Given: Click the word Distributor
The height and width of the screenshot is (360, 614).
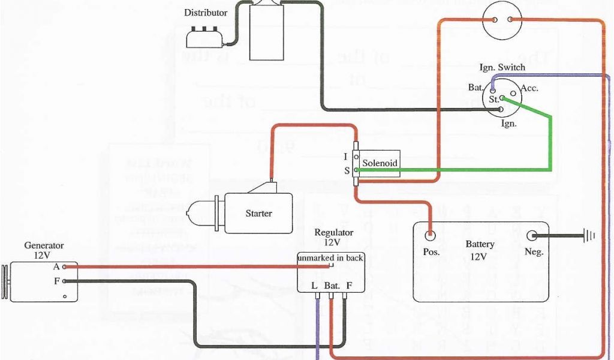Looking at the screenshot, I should point(206,13).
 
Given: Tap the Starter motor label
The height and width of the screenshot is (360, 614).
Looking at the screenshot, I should point(258,214).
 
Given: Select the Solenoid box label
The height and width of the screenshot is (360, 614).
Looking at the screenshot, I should point(380,163).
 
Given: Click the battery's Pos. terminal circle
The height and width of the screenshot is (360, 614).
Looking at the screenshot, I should point(431,235).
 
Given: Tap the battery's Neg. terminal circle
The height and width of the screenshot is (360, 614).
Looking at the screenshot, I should point(531,235).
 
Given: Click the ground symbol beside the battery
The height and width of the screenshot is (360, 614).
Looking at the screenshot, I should point(589,236).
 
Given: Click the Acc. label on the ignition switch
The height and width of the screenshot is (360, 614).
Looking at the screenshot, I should point(529,88).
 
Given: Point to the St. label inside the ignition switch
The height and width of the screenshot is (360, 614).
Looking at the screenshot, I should point(493,100).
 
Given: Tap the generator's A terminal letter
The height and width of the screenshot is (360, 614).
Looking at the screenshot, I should point(56,266).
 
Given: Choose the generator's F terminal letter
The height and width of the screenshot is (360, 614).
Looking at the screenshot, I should point(56,281).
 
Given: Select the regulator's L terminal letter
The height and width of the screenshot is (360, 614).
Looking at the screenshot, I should point(314,286).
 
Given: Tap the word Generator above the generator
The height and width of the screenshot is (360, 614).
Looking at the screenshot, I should point(44,245).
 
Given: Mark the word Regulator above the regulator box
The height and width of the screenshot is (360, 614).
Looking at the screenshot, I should point(334,233).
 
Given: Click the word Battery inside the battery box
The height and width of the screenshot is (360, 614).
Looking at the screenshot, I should point(480,244).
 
